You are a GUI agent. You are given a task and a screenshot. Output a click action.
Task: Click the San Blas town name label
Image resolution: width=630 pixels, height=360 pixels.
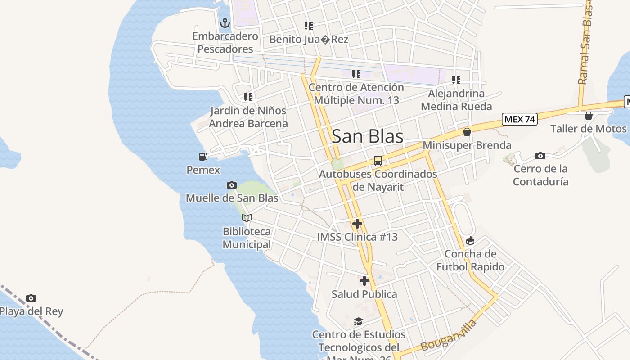point(367,137)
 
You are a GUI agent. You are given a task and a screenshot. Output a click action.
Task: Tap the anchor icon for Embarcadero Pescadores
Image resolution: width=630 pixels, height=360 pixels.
point(225,22)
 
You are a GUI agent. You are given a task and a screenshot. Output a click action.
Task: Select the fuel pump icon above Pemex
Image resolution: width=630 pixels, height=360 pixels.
point(203,157)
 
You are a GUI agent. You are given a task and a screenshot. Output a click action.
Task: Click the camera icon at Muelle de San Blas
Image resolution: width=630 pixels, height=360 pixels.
point(232,185)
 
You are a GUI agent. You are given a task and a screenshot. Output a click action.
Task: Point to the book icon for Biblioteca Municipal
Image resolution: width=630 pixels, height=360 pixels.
point(246,218)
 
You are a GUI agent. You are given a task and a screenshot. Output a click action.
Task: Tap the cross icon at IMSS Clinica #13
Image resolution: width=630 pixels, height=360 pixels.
point(357,223)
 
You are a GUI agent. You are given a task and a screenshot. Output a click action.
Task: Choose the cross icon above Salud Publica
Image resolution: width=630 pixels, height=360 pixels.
point(364,281)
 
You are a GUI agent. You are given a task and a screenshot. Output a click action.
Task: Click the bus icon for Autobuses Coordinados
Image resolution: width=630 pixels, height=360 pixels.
point(378,161)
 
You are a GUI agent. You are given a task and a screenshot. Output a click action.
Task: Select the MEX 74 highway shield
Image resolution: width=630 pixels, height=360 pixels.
point(520,119)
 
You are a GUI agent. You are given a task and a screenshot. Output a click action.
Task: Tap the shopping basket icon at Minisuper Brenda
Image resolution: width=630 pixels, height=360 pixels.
point(467,132)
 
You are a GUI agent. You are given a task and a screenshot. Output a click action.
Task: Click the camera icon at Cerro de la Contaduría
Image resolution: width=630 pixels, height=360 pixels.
point(540,156)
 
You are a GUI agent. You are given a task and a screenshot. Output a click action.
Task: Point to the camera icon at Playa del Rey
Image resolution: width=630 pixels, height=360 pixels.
point(31,298)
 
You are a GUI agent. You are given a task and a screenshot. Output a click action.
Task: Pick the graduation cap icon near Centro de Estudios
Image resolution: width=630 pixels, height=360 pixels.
point(358,321)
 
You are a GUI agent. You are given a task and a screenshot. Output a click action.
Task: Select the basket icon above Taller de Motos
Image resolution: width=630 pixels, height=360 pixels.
point(588,116)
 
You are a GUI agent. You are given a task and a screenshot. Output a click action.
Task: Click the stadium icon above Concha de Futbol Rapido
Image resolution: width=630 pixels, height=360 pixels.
point(470,241)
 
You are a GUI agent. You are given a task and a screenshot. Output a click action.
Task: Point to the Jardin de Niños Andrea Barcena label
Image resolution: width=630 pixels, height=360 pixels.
point(248,117)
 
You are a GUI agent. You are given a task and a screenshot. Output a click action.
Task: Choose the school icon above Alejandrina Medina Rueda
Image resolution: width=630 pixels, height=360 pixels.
point(456,80)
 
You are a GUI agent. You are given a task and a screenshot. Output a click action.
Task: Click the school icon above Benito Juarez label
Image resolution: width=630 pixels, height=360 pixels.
point(309,26)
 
